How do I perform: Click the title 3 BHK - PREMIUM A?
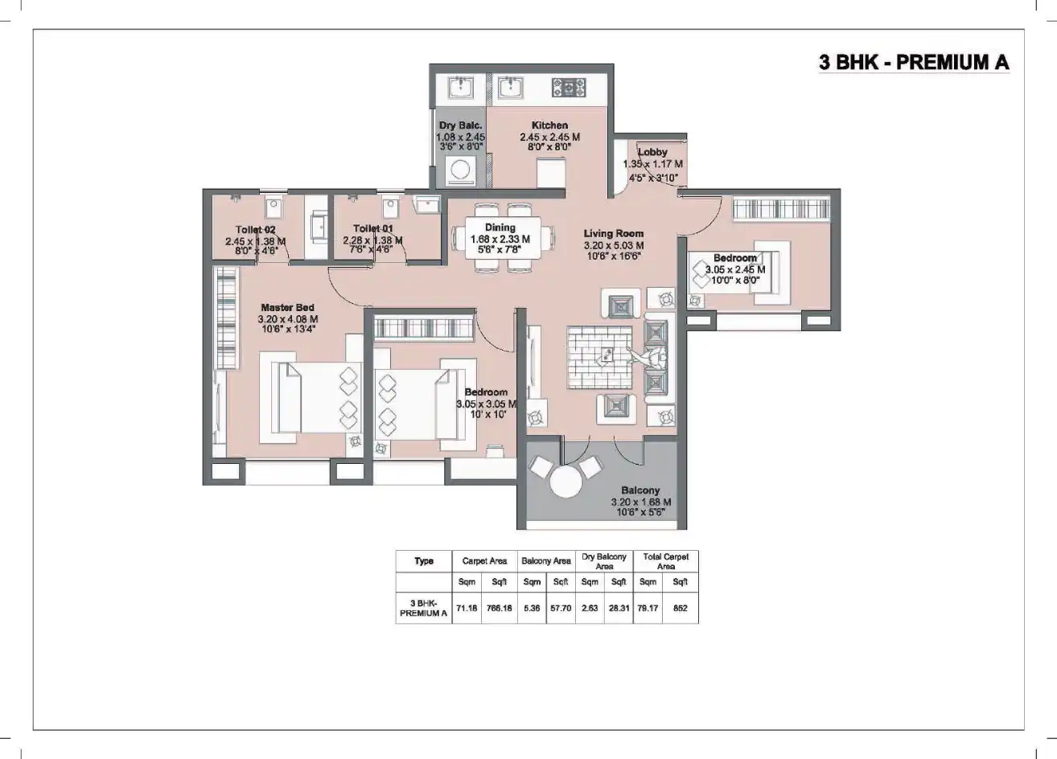click(x=913, y=63)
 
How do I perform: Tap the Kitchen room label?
click(x=549, y=125)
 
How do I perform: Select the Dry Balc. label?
click(x=460, y=126)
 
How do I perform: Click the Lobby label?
click(x=652, y=152)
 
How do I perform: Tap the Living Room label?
click(x=614, y=234)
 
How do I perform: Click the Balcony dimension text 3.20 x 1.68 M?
click(x=640, y=502)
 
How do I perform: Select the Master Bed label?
click(x=287, y=308)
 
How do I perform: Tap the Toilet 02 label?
click(x=256, y=230)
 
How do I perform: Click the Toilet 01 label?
click(x=372, y=229)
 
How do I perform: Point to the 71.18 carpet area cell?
click(x=467, y=609)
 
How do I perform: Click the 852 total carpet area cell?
click(x=681, y=609)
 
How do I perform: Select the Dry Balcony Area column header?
click(x=604, y=561)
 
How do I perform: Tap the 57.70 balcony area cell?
click(x=561, y=609)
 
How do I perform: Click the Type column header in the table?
click(x=424, y=561)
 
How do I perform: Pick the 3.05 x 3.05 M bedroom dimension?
click(x=486, y=404)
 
